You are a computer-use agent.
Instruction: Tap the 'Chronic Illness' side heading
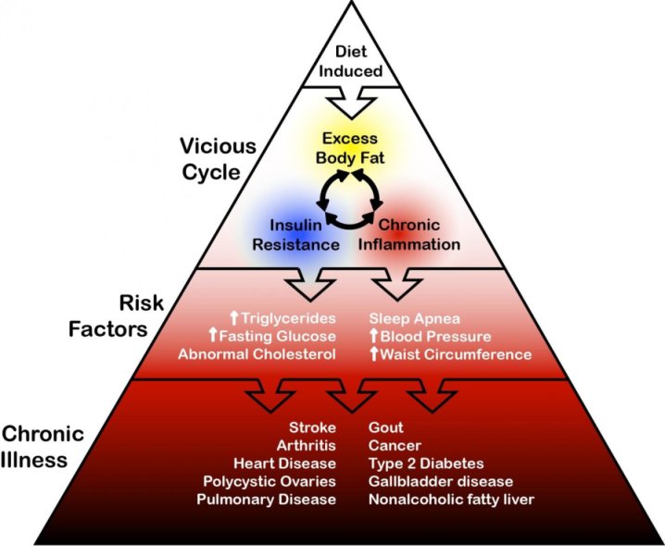tap(44, 446)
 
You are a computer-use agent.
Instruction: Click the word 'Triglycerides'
tap(289, 318)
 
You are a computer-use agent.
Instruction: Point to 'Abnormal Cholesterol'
tap(257, 354)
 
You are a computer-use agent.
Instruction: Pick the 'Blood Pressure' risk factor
tap(435, 336)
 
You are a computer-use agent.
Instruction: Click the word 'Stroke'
tap(313, 428)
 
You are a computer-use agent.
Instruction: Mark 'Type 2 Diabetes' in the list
tap(425, 463)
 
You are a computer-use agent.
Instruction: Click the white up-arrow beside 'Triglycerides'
tap(234, 318)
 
